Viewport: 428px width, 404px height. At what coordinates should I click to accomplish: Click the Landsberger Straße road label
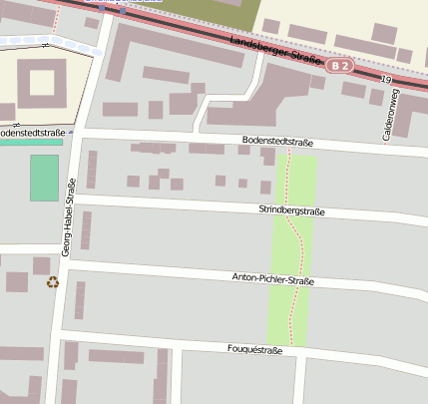274,52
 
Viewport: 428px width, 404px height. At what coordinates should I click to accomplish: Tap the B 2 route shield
340,66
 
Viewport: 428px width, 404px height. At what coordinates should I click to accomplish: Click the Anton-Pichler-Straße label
272,279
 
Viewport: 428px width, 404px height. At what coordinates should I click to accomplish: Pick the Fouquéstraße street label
254,350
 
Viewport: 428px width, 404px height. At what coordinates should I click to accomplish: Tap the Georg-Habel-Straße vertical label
68,218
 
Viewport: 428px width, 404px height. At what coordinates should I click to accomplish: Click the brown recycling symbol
53,282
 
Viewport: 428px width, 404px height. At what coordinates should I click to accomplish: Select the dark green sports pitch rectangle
44,178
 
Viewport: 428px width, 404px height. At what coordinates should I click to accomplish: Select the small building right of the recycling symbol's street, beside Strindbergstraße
86,229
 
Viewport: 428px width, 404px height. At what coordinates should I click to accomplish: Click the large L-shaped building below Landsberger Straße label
259,100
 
